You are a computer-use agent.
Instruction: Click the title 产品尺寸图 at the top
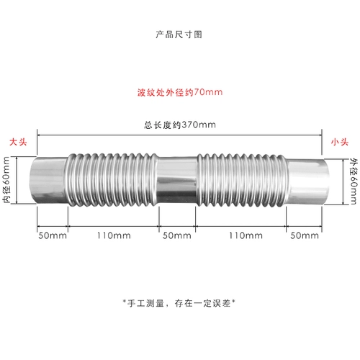179,35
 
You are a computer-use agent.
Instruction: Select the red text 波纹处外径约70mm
180,92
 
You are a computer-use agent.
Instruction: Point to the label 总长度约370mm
180,125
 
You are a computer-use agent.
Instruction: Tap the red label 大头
18,142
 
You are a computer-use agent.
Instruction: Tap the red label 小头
340,142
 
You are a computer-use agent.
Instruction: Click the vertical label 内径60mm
6,180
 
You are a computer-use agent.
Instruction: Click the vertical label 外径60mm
354,181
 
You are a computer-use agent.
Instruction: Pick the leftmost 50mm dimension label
53,235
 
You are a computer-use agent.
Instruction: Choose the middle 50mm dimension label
177,235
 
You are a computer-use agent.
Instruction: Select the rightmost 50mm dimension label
305,235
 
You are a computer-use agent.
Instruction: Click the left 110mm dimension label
114,235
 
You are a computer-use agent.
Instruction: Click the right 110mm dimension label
246,235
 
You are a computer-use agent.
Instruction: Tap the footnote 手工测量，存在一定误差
179,303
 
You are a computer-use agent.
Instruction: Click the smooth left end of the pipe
48,181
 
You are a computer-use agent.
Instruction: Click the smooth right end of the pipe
307,182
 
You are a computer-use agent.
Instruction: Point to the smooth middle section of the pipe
177,181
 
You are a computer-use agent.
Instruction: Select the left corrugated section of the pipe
112,180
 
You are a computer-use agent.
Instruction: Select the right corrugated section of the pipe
242,181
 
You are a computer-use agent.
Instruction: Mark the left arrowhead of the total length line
39,135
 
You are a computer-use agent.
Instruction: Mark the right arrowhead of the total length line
320,135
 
